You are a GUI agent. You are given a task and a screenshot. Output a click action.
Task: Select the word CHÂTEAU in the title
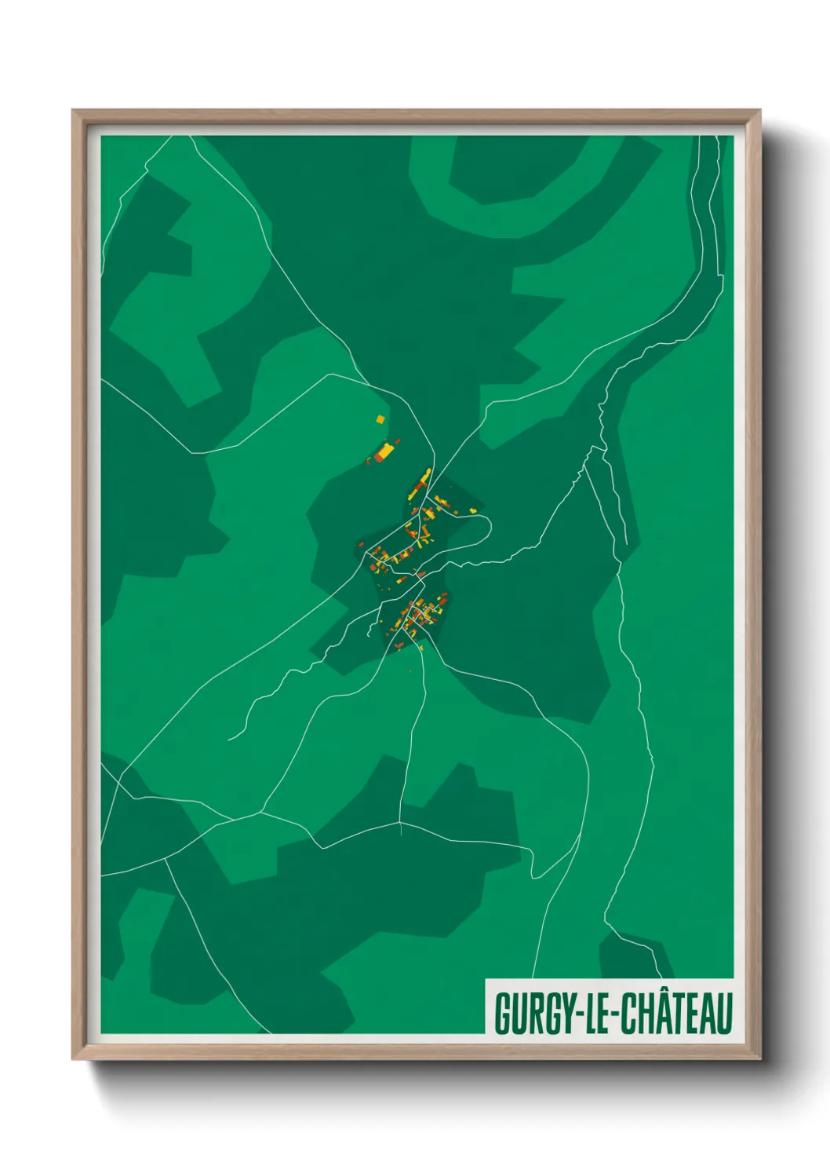pos(677,1014)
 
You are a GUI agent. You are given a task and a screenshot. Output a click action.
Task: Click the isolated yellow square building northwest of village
pos(380,419)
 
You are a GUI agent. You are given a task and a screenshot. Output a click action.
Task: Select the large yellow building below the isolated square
pos(386,451)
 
